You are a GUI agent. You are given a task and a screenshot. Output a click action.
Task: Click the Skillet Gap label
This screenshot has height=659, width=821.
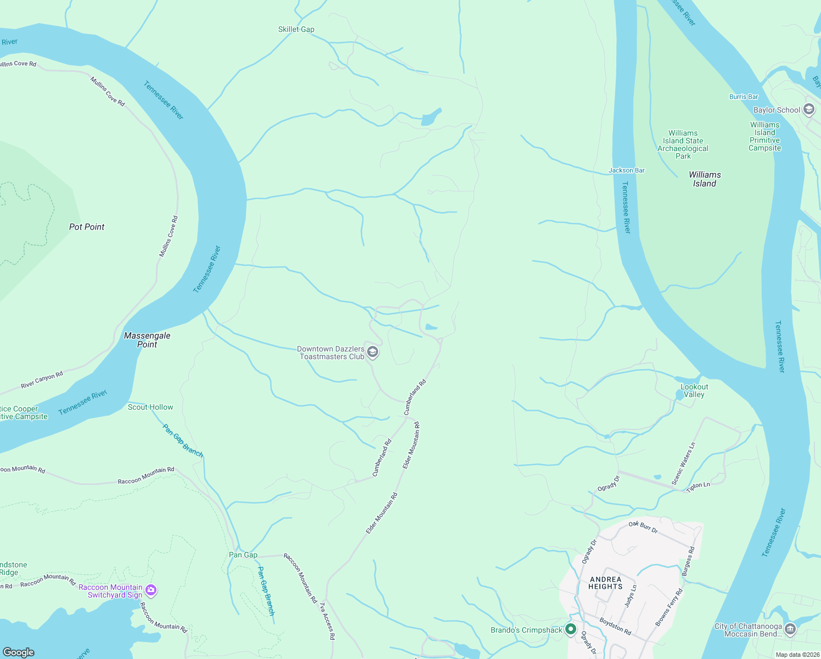pyautogui.click(x=296, y=30)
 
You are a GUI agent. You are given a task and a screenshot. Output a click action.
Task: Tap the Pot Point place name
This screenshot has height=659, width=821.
pyautogui.click(x=87, y=227)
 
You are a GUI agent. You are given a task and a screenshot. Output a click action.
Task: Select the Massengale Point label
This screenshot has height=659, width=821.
pyautogui.click(x=147, y=340)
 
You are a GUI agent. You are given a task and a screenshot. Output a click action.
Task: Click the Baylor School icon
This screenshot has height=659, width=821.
pyautogui.click(x=808, y=109)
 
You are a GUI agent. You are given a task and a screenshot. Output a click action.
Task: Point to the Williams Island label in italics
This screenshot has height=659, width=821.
pyautogui.click(x=705, y=179)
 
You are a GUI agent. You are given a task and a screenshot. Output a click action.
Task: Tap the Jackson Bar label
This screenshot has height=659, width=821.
pyautogui.click(x=626, y=170)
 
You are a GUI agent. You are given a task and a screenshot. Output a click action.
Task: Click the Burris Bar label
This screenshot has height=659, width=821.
pyautogui.click(x=743, y=97)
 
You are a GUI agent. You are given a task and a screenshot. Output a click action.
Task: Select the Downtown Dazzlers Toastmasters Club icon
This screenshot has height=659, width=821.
pyautogui.click(x=373, y=352)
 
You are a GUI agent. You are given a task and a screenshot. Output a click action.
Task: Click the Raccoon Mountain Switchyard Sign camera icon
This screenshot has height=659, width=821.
pyautogui.click(x=151, y=590)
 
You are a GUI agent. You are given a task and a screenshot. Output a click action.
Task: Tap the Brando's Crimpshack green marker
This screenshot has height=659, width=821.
pyautogui.click(x=570, y=629)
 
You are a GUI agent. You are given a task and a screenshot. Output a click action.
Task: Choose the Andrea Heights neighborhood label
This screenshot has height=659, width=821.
pyautogui.click(x=605, y=583)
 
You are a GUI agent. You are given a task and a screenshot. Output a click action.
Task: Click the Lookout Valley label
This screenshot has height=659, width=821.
pyautogui.click(x=694, y=390)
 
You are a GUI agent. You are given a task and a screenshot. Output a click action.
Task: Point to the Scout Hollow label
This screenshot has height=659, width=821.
pyautogui.click(x=150, y=407)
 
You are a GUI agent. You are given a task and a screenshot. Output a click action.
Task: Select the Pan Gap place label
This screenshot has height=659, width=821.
pyautogui.click(x=243, y=555)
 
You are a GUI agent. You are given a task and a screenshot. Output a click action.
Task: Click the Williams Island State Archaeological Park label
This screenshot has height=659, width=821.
pyautogui.click(x=683, y=144)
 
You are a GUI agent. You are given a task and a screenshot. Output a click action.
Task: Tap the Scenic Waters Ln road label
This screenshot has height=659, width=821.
pyautogui.click(x=683, y=463)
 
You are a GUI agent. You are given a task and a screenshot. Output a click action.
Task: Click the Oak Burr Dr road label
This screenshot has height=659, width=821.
pyautogui.click(x=643, y=527)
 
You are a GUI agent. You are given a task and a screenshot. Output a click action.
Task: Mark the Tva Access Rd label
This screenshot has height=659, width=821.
pyautogui.click(x=327, y=621)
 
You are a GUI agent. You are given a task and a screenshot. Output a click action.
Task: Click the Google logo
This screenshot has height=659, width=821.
pyautogui.click(x=18, y=652)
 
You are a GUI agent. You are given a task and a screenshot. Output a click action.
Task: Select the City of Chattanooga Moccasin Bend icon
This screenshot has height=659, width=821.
pyautogui.click(x=790, y=629)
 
